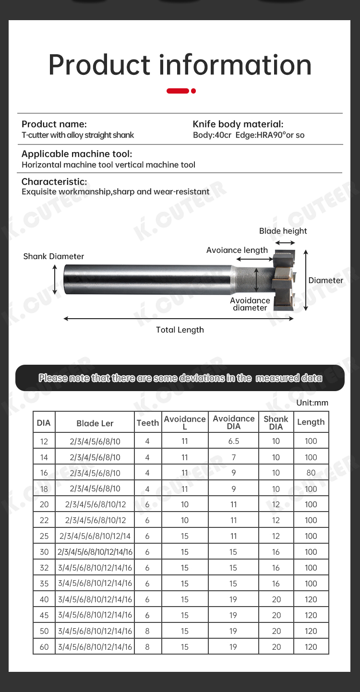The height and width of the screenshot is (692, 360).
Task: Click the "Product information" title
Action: pyautogui.click(x=180, y=65)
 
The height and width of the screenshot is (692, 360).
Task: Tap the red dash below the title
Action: pyautogui.click(x=178, y=91)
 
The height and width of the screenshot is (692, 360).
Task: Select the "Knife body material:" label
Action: pyautogui.click(x=238, y=124)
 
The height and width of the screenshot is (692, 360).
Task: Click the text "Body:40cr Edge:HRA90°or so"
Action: pyautogui.click(x=249, y=135)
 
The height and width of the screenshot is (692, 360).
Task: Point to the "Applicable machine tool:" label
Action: pyautogui.click(x=77, y=154)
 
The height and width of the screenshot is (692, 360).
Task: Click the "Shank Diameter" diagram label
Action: pyautogui.click(x=54, y=256)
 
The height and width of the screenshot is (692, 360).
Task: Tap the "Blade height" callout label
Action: pyautogui.click(x=283, y=231)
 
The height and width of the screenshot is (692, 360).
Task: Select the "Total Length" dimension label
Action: pyautogui.click(x=180, y=330)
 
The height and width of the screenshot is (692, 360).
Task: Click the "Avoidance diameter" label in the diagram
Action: pyautogui.click(x=250, y=304)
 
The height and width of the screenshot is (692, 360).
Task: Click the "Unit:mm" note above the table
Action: pyautogui.click(x=312, y=403)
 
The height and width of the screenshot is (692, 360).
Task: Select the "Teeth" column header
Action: pyautogui.click(x=147, y=423)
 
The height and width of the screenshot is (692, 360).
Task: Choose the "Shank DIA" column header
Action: pyautogui.click(x=276, y=423)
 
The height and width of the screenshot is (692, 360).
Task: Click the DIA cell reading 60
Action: pyautogui.click(x=44, y=647)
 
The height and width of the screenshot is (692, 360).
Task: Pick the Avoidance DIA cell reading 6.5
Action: pyautogui.click(x=233, y=441)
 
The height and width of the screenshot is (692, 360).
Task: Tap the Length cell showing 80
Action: pyautogui.click(x=311, y=473)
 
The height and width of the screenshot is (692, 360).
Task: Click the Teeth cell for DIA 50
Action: pyautogui.click(x=147, y=631)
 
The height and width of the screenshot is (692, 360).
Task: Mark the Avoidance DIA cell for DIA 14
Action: pyautogui.click(x=233, y=457)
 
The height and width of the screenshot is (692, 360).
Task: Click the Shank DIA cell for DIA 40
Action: pyautogui.click(x=276, y=599)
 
